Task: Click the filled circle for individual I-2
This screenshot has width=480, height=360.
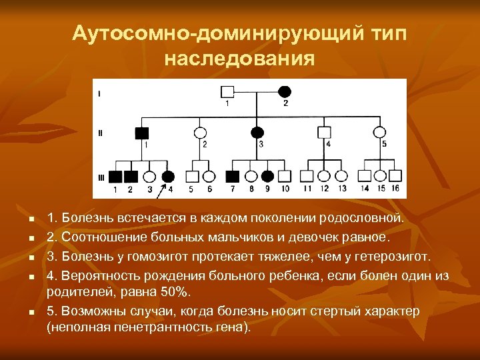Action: pyautogui.click(x=285, y=91)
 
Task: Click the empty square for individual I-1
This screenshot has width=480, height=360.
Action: pyautogui.click(x=227, y=91)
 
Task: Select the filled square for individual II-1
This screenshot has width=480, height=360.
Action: pyautogui.click(x=141, y=132)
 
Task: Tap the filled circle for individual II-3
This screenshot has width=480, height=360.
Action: pyautogui.click(x=257, y=132)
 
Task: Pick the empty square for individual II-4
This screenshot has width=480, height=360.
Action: pyautogui.click(x=326, y=132)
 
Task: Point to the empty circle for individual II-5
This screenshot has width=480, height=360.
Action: pyautogui.click(x=379, y=132)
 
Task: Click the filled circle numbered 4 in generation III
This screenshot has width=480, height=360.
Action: pyautogui.click(x=169, y=177)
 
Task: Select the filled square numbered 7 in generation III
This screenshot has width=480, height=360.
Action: pyautogui.click(x=233, y=177)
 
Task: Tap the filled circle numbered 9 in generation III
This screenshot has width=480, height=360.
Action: pyautogui.click(x=267, y=177)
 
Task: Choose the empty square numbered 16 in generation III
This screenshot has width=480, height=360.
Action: pyautogui.click(x=395, y=176)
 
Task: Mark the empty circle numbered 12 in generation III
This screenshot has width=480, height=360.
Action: pyautogui.click(x=324, y=177)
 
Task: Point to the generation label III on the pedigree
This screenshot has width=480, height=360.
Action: pyautogui.click(x=101, y=177)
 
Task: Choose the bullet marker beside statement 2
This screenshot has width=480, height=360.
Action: pyautogui.click(x=31, y=237)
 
